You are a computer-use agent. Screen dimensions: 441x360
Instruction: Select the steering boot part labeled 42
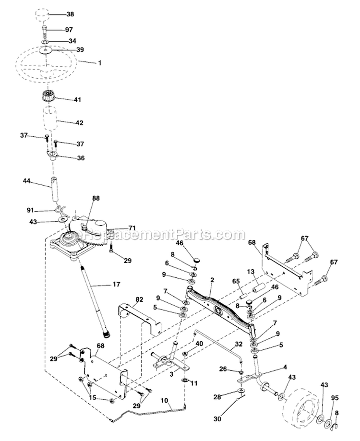coord(50,122)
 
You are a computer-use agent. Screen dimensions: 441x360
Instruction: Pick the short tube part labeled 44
coord(52,191)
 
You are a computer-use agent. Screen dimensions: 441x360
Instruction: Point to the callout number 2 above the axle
coord(212,279)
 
